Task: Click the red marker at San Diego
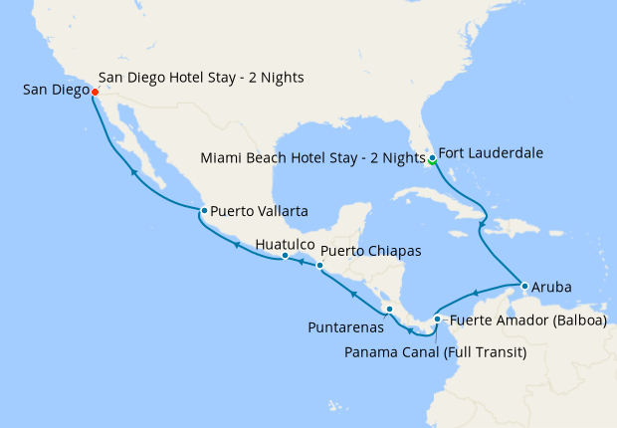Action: point(95,93)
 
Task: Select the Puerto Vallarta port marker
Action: point(203,211)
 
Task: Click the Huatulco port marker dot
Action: point(285,256)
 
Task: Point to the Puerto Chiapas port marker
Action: point(319,266)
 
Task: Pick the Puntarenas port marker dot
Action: point(389,310)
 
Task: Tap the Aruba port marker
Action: point(524,287)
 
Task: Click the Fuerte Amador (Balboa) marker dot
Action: point(437,320)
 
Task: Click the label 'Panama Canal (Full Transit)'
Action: point(436,350)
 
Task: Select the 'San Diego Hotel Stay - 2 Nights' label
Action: point(202,77)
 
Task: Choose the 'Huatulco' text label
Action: point(286,243)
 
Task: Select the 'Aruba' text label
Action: point(552,287)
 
